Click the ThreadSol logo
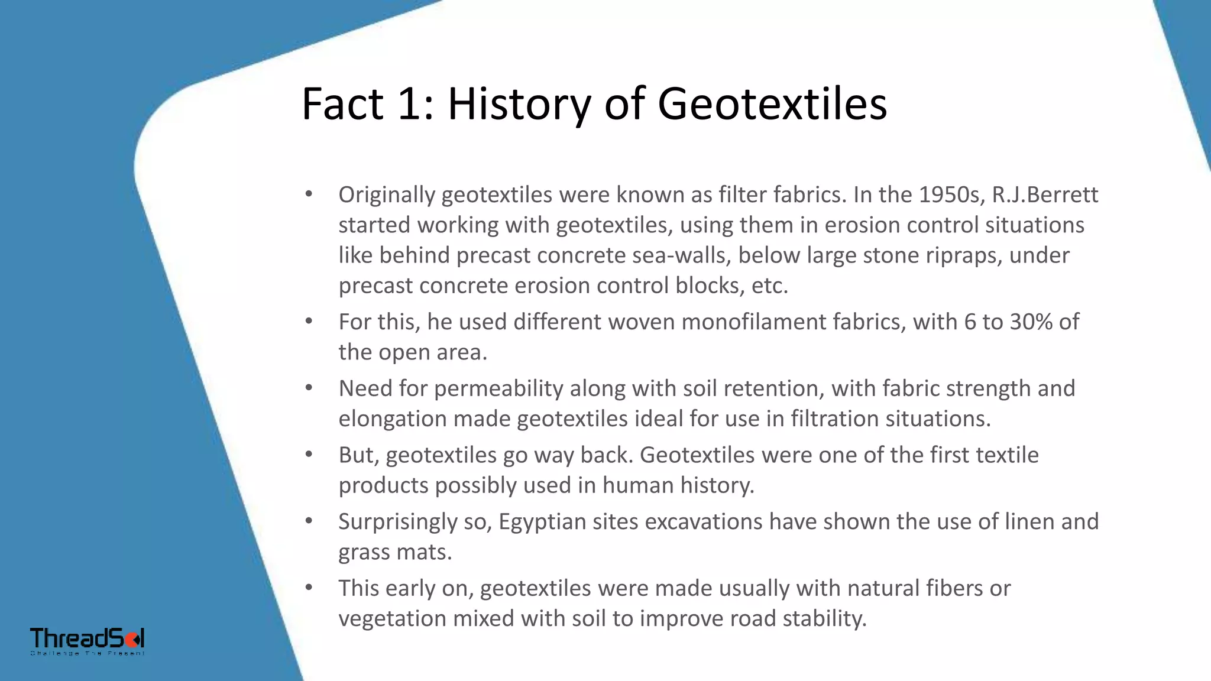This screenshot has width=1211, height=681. click(88, 640)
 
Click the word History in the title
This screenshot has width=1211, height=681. click(519, 105)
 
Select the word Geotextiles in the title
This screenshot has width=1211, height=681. click(772, 105)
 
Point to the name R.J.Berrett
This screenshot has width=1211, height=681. click(1045, 194)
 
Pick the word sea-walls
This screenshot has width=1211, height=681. click(681, 255)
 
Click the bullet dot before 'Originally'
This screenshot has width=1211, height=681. click(309, 194)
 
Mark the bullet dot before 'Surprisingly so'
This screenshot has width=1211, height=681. click(309, 521)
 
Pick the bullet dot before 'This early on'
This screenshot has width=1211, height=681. click(309, 588)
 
